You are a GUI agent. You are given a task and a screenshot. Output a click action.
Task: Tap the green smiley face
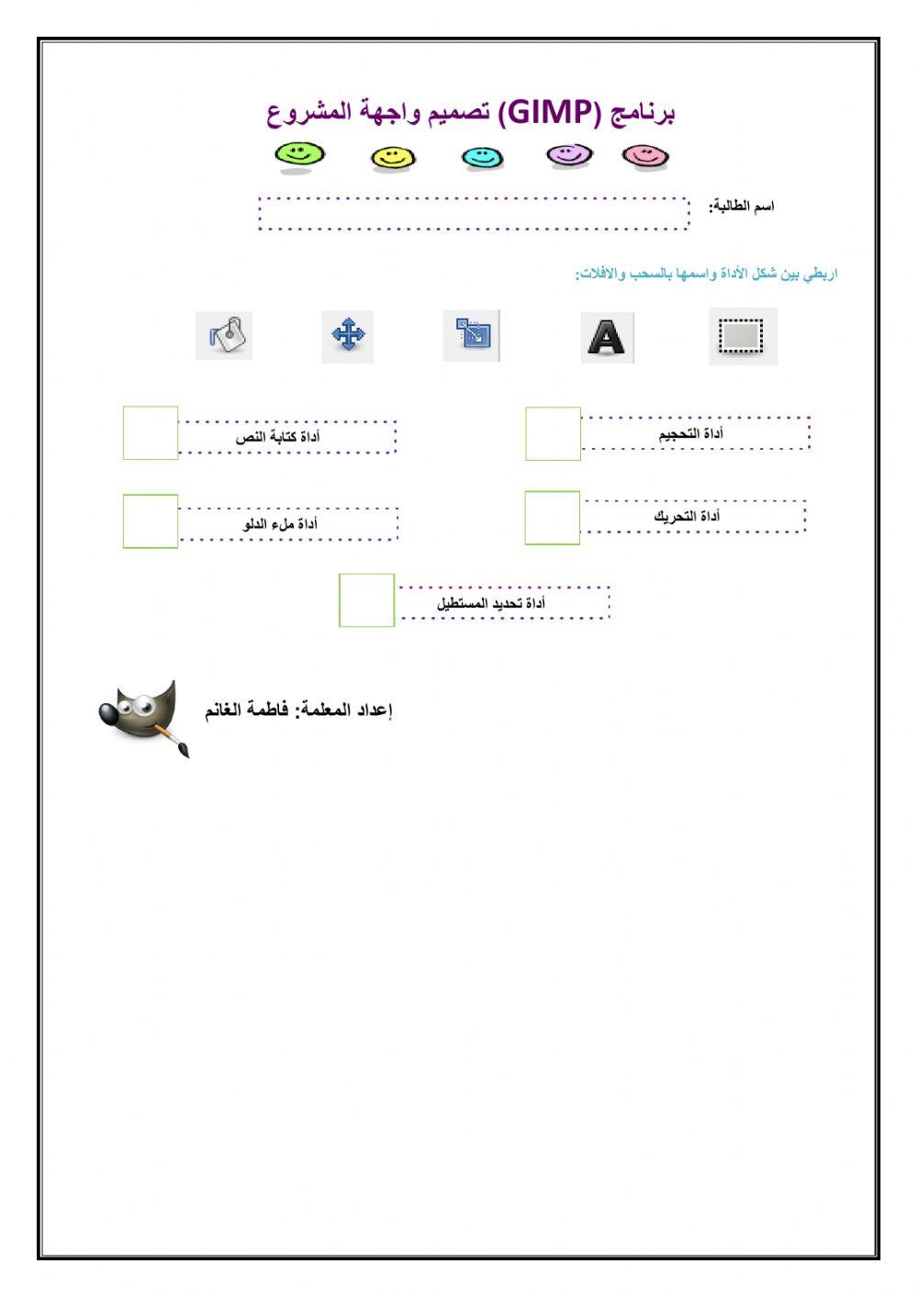(x=300, y=154)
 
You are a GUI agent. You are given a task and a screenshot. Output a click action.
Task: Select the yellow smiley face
(x=393, y=158)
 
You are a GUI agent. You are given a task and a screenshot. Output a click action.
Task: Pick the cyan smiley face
(x=482, y=157)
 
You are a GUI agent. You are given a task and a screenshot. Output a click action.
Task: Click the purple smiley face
(x=569, y=155)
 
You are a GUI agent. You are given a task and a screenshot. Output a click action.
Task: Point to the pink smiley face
(x=645, y=156)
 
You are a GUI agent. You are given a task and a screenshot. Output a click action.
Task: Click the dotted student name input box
(x=473, y=213)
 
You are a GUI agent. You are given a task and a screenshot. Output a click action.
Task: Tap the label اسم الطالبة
(x=742, y=207)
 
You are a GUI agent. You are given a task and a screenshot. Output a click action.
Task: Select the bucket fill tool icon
(x=224, y=335)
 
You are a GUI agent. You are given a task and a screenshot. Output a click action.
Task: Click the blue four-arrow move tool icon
(x=348, y=335)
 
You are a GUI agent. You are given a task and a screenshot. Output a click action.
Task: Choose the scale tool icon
(x=472, y=335)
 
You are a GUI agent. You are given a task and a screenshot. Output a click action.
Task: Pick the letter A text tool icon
(x=607, y=337)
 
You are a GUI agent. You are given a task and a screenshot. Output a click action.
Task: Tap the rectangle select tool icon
(x=743, y=336)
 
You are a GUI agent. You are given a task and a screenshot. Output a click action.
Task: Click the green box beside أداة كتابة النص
(x=151, y=433)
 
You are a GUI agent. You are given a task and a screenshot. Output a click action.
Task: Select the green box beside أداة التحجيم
(x=553, y=433)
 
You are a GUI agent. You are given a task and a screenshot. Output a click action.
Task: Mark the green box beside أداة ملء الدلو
(x=151, y=520)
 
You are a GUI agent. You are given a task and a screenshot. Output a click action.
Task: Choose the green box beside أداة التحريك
(x=552, y=518)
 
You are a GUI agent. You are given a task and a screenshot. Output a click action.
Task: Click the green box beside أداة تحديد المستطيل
(x=366, y=600)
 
